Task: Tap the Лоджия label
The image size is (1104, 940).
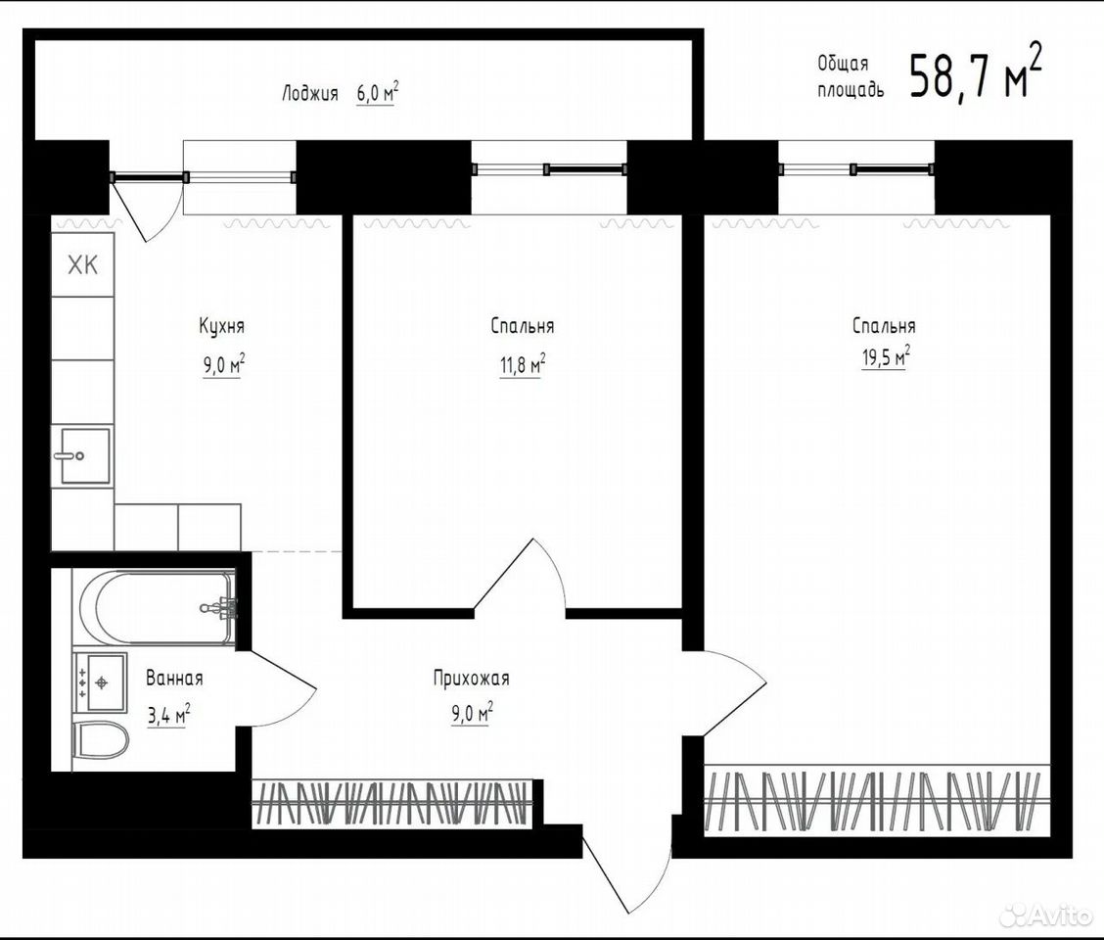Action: click(x=310, y=94)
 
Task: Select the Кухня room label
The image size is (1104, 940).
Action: click(x=222, y=327)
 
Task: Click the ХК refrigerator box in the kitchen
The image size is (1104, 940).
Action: click(x=82, y=265)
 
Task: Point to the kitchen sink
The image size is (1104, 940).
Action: click(x=84, y=455)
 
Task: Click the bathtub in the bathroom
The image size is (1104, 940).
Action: click(x=158, y=607)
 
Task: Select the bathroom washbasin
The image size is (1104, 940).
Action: click(x=100, y=681)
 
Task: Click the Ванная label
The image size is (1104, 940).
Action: click(x=174, y=679)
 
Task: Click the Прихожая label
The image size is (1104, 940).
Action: click(x=471, y=680)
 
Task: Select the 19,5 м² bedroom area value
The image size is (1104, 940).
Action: click(x=885, y=356)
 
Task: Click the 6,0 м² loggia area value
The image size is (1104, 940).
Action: click(x=378, y=93)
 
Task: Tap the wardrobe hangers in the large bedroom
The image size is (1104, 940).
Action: click(x=874, y=800)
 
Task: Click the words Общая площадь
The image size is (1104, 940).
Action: click(x=850, y=76)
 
